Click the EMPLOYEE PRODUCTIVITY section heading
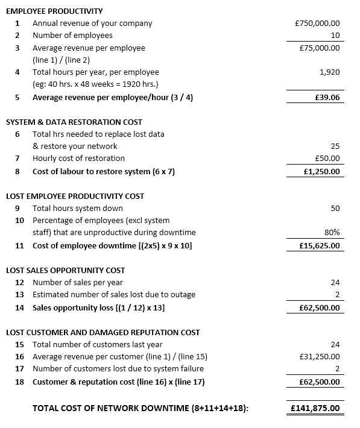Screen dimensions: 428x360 coord(54,11)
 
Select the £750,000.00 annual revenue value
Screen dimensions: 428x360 coord(317,24)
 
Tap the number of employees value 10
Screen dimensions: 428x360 coord(335,36)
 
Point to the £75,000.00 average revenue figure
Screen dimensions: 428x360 coord(319,48)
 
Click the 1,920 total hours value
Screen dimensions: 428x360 coord(329,72)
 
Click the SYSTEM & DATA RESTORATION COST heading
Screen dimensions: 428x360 coord(74,122)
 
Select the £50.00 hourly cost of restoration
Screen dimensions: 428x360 coord(327,159)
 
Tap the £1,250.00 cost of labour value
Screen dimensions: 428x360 coord(322,171)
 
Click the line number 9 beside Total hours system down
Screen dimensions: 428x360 coord(18,208)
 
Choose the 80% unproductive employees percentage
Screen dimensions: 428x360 coord(332,233)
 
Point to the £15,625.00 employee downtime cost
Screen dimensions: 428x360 coord(320,245)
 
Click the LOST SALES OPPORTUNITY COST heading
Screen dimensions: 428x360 coord(65,270)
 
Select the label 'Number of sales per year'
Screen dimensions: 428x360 coord(78,282)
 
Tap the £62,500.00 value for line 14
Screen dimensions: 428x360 coord(320,307)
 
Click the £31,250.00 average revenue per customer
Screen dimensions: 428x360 coord(319,356)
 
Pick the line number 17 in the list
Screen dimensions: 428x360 coord(19,368)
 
